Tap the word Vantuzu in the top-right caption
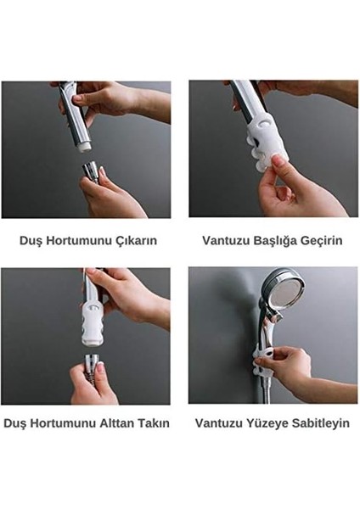click(225, 241)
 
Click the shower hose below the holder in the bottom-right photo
click(259, 386)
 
